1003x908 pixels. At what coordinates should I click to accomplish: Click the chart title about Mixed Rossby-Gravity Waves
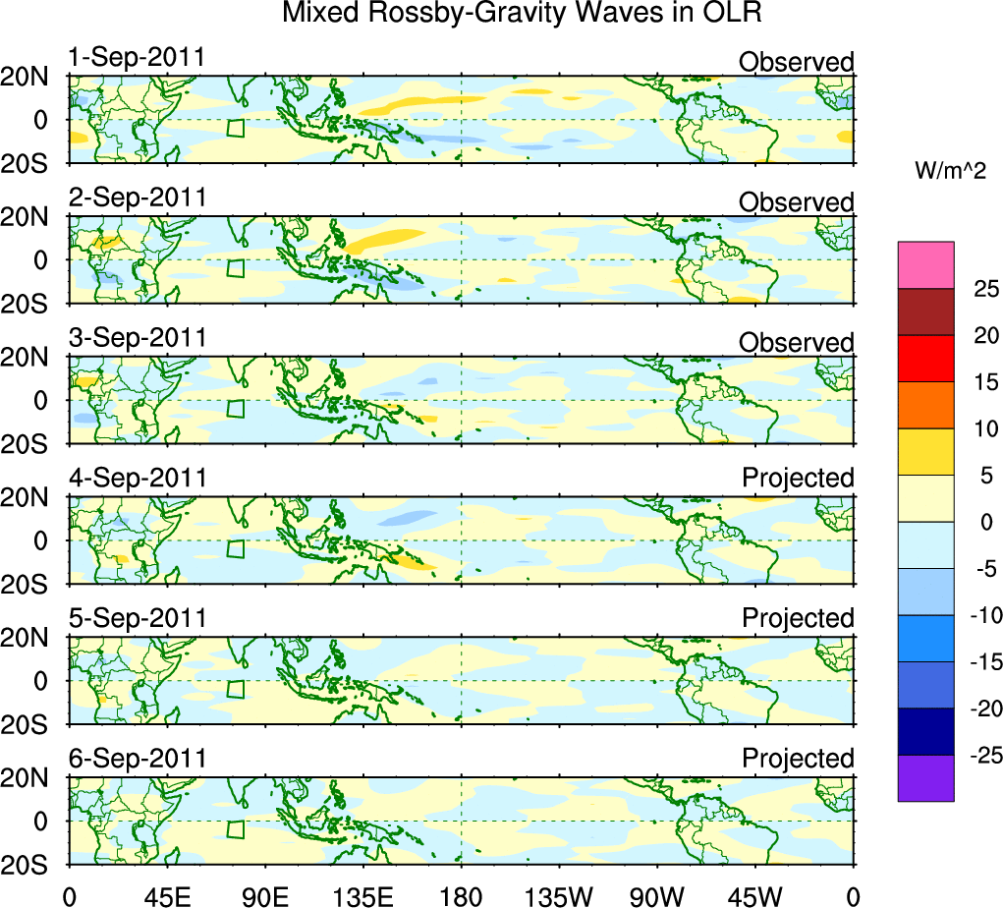point(522,14)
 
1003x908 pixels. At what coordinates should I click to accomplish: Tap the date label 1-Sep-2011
point(137,58)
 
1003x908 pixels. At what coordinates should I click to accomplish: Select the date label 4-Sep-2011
point(138,479)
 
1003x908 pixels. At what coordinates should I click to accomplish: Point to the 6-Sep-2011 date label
point(138,759)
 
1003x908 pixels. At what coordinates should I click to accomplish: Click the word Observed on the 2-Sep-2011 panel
point(796,202)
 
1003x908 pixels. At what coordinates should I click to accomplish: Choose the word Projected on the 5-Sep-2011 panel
point(798,619)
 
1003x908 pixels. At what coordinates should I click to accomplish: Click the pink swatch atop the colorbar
point(925,265)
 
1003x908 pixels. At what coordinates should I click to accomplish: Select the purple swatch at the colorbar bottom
point(925,778)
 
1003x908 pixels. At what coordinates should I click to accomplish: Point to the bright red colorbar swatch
point(925,358)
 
